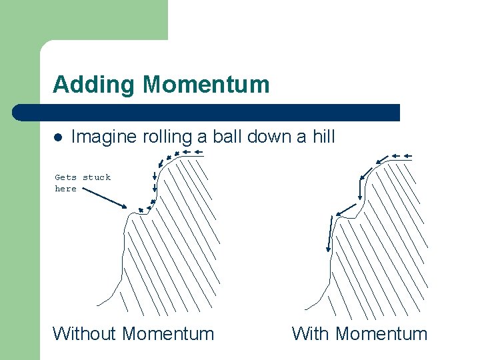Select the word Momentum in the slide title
click(x=206, y=85)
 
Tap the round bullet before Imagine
click(x=58, y=138)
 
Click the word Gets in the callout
click(x=65, y=177)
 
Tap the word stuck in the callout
click(x=97, y=177)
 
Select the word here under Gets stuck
click(x=65, y=189)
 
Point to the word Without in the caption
click(x=85, y=333)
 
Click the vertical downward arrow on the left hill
click(x=155, y=177)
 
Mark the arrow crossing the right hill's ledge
click(x=348, y=211)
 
